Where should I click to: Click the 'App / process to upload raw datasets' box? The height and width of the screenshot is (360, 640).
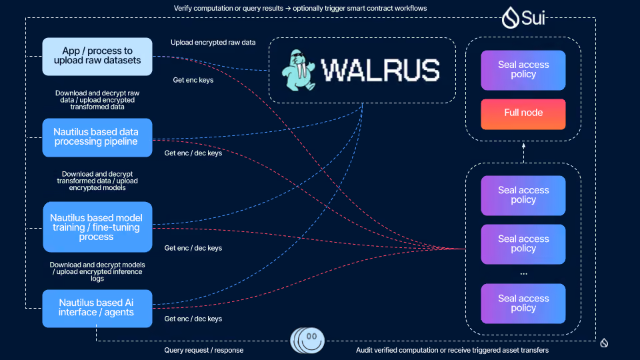[97, 56]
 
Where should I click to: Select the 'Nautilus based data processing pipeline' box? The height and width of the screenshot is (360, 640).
[97, 137]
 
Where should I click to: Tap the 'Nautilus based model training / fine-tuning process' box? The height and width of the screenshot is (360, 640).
[97, 227]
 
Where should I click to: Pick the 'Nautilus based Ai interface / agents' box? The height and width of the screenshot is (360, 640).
[97, 309]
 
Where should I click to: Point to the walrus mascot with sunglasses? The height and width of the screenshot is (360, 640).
[299, 70]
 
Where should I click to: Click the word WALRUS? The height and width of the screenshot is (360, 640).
[381, 70]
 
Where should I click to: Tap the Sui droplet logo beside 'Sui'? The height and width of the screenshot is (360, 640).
[510, 17]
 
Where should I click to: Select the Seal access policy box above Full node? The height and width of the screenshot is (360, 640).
[523, 70]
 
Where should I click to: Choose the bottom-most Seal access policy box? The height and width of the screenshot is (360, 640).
[523, 304]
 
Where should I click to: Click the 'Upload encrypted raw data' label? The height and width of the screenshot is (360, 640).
[213, 43]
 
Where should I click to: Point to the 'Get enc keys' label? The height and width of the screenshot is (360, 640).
[193, 80]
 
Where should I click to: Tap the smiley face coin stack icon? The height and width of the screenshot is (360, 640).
[307, 341]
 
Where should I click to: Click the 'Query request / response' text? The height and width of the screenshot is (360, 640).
[204, 350]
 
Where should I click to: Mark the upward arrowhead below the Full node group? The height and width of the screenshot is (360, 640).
[524, 145]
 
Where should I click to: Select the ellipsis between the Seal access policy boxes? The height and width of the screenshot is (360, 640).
[524, 274]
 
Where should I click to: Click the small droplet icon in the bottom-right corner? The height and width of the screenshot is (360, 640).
[604, 343]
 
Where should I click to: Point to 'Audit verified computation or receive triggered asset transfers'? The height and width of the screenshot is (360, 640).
[452, 350]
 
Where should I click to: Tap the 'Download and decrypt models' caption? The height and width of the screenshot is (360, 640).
[97, 265]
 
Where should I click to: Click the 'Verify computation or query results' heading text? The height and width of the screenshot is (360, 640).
[229, 8]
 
